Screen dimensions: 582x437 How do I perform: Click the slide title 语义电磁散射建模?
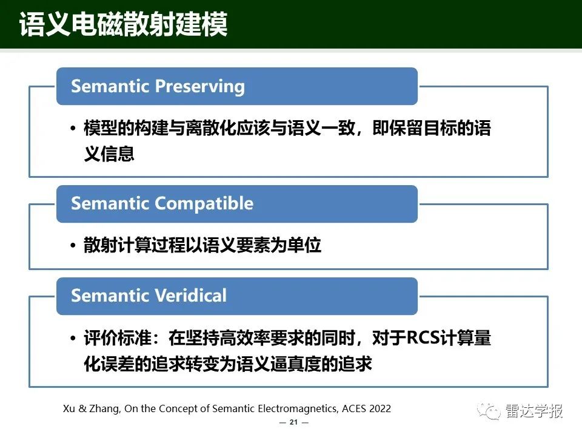tap(123, 24)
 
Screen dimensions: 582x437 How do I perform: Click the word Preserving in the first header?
tap(200, 87)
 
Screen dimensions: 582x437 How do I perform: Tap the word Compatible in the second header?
tap(204, 203)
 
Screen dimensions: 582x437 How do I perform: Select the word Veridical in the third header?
tap(190, 296)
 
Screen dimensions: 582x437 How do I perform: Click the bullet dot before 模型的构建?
tap(73, 129)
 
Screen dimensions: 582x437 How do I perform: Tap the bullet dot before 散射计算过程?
tap(73, 245)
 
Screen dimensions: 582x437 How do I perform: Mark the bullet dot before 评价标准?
tap(73, 338)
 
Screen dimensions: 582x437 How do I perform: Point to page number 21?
tap(293, 422)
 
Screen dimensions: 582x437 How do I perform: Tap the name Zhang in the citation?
tap(105, 409)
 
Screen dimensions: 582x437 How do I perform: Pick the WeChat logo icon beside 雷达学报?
tap(489, 411)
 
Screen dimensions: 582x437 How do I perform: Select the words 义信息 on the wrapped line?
tap(109, 154)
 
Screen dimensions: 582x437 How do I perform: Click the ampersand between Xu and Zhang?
tap(82, 408)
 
